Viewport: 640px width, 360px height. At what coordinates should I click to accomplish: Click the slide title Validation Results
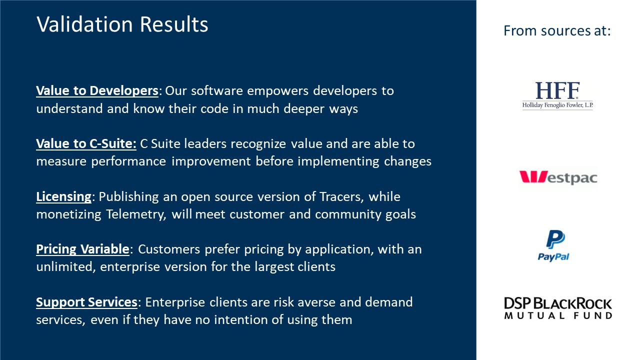pos(122,24)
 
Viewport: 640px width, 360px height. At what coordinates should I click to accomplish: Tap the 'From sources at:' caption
pos(557,31)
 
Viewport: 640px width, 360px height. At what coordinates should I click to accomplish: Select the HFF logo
pos(557,95)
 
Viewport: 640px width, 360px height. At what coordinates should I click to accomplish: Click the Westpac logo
pos(558,177)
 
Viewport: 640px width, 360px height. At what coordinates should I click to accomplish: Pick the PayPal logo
pos(553,245)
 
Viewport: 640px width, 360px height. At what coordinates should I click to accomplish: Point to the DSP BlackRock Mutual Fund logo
pos(557,308)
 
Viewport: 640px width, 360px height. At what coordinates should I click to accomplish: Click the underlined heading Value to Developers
pos(97,91)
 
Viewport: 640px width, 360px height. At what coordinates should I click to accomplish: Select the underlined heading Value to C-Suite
pos(86,144)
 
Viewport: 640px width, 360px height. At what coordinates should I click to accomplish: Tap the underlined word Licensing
pos(63,197)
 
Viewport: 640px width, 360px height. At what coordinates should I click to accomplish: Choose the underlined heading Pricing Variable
pos(82,249)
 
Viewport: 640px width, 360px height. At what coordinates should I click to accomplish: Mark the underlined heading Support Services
pos(86,302)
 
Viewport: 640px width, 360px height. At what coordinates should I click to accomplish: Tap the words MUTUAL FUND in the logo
pos(557,316)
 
